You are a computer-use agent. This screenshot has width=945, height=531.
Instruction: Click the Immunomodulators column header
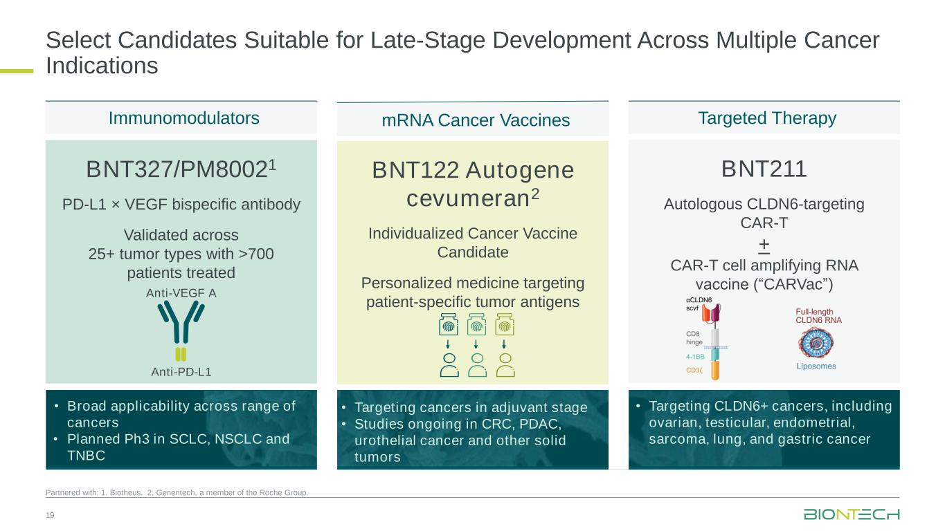(184, 118)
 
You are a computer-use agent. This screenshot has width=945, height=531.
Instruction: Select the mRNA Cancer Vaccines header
(476, 120)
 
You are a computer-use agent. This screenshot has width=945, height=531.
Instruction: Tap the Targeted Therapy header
(767, 118)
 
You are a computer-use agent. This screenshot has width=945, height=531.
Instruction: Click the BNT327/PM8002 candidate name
(181, 168)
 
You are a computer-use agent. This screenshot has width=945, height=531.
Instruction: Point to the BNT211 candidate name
(764, 168)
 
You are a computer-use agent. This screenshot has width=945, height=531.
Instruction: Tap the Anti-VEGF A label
(181, 292)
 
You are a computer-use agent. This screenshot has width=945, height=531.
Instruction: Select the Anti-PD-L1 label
(181, 371)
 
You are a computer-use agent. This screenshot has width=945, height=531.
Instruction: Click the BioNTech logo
(852, 514)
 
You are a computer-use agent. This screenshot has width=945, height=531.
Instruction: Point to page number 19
(50, 514)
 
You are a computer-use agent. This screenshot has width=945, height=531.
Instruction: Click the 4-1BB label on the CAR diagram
(696, 357)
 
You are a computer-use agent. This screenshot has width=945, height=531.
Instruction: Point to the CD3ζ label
(695, 371)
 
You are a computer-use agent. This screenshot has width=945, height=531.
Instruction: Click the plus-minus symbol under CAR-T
(764, 246)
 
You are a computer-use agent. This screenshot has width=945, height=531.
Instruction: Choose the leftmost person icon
(449, 364)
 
